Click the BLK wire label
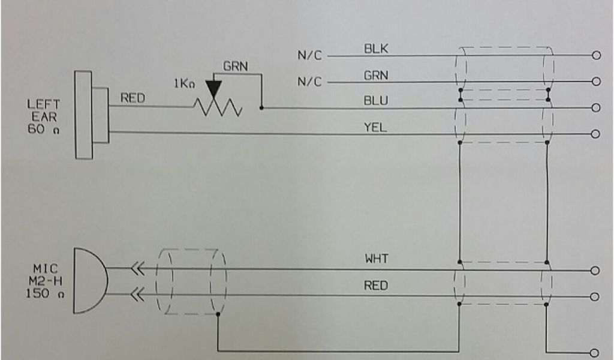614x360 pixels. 376,49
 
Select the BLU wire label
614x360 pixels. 376,100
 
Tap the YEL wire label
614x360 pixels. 376,127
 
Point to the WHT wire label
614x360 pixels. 377,260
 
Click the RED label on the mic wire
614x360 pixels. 376,286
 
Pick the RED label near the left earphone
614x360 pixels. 133,98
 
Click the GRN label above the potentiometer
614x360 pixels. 236,66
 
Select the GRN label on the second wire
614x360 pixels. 376,75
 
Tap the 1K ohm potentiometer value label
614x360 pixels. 185,84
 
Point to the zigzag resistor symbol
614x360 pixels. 216,108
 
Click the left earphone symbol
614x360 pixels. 90,115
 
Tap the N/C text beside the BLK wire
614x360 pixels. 310,56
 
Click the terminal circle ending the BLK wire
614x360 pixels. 596,55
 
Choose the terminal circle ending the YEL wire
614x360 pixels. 596,134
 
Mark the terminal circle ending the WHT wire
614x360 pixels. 596,271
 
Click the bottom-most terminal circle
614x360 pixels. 596,352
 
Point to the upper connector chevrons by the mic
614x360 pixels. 138,270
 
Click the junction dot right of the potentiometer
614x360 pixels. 261,109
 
